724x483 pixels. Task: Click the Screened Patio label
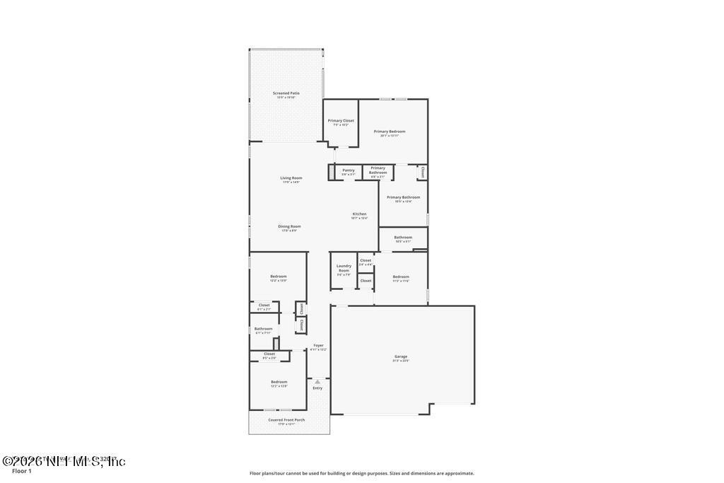pyautogui.click(x=286, y=93)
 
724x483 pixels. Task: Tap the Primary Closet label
pyautogui.click(x=341, y=120)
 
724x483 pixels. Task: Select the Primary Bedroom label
pyautogui.click(x=390, y=131)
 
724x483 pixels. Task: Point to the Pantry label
pyautogui.click(x=348, y=170)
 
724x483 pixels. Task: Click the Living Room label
pyautogui.click(x=291, y=178)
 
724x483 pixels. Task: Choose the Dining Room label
pyautogui.click(x=289, y=226)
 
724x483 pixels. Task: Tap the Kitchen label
pyautogui.click(x=360, y=214)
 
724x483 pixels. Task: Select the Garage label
pyautogui.click(x=401, y=356)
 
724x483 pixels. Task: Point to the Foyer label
pyautogui.click(x=318, y=345)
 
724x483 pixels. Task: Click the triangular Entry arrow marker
pyautogui.click(x=317, y=381)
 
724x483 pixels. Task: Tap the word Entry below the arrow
pyautogui.click(x=317, y=388)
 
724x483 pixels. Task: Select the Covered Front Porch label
pyautogui.click(x=286, y=419)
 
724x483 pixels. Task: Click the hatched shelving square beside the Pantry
pyautogui.click(x=330, y=172)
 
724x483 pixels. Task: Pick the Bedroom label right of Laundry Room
pyautogui.click(x=401, y=277)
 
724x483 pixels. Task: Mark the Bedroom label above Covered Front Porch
pyautogui.click(x=279, y=382)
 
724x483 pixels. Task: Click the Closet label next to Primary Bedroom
pyautogui.click(x=422, y=171)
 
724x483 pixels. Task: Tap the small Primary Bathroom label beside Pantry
pyautogui.click(x=378, y=170)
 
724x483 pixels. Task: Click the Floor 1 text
pyautogui.click(x=22, y=470)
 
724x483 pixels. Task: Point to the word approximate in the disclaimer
pyautogui.click(x=458, y=473)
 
